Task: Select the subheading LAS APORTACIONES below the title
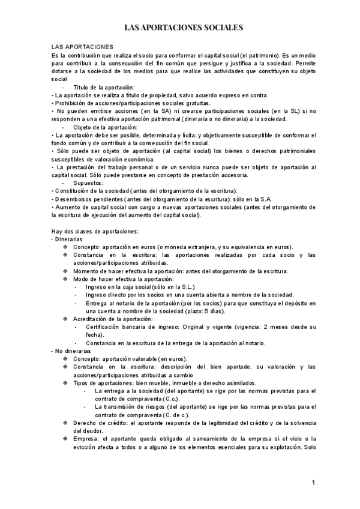pyautogui.click(x=78, y=46)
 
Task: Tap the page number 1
pyautogui.click(x=313, y=483)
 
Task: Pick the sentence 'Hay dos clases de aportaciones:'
pyautogui.click(x=95, y=231)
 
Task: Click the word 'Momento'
pyautogui.click(x=86, y=271)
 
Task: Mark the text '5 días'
pyautogui.click(x=213, y=312)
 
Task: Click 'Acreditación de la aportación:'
pyautogui.click(x=113, y=319)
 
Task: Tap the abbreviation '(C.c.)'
pyautogui.click(x=174, y=398)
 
